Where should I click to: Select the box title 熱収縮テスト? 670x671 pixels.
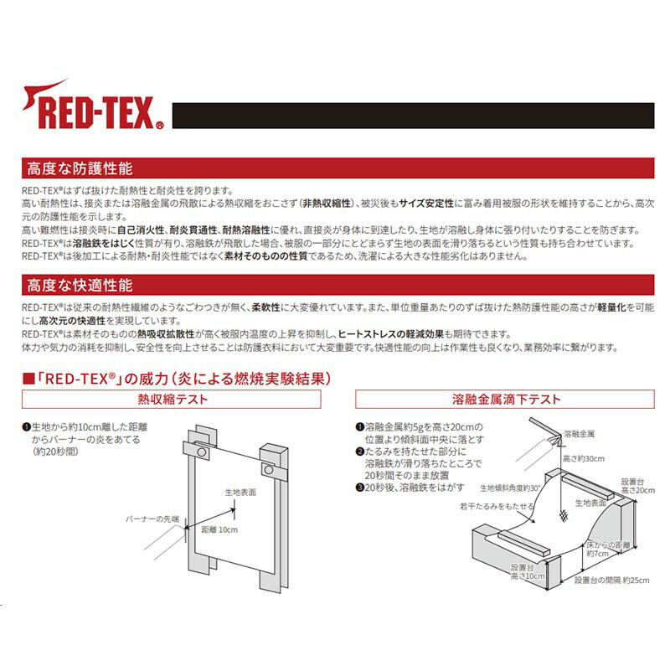(171, 400)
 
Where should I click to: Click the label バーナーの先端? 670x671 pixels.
(152, 519)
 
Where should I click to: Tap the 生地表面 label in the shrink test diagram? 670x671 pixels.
(240, 492)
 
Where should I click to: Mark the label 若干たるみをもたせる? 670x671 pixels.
(496, 507)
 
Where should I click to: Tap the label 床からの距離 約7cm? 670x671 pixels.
(608, 549)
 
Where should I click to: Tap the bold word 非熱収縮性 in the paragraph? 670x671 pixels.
(327, 204)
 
